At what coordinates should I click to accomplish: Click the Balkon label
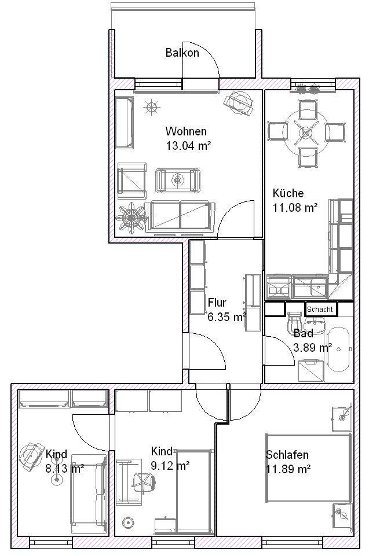pos(182,53)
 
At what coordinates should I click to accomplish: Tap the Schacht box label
pos(320,309)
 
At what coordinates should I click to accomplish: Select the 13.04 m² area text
pos(189,146)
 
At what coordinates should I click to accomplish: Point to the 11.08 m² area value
pos(295,208)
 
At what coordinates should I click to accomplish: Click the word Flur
pos(217,303)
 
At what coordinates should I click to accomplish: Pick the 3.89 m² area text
pos(313,347)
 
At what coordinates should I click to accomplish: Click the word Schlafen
pos(287,455)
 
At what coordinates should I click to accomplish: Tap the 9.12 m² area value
pos(170,465)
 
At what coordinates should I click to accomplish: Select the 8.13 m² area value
pos(65,469)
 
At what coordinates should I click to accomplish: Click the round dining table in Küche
pos(305,133)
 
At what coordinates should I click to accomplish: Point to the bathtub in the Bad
pos(339,349)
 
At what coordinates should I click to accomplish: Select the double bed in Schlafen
pos(308,467)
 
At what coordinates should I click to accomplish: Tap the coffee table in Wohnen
pos(178,180)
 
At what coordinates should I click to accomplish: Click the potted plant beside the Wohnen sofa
pos(131,217)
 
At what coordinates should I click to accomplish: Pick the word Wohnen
pos(186,131)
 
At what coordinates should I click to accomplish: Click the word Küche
pos(288,193)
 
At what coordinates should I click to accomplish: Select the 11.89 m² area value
pos(288,469)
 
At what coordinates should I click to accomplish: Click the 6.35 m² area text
pos(227,317)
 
